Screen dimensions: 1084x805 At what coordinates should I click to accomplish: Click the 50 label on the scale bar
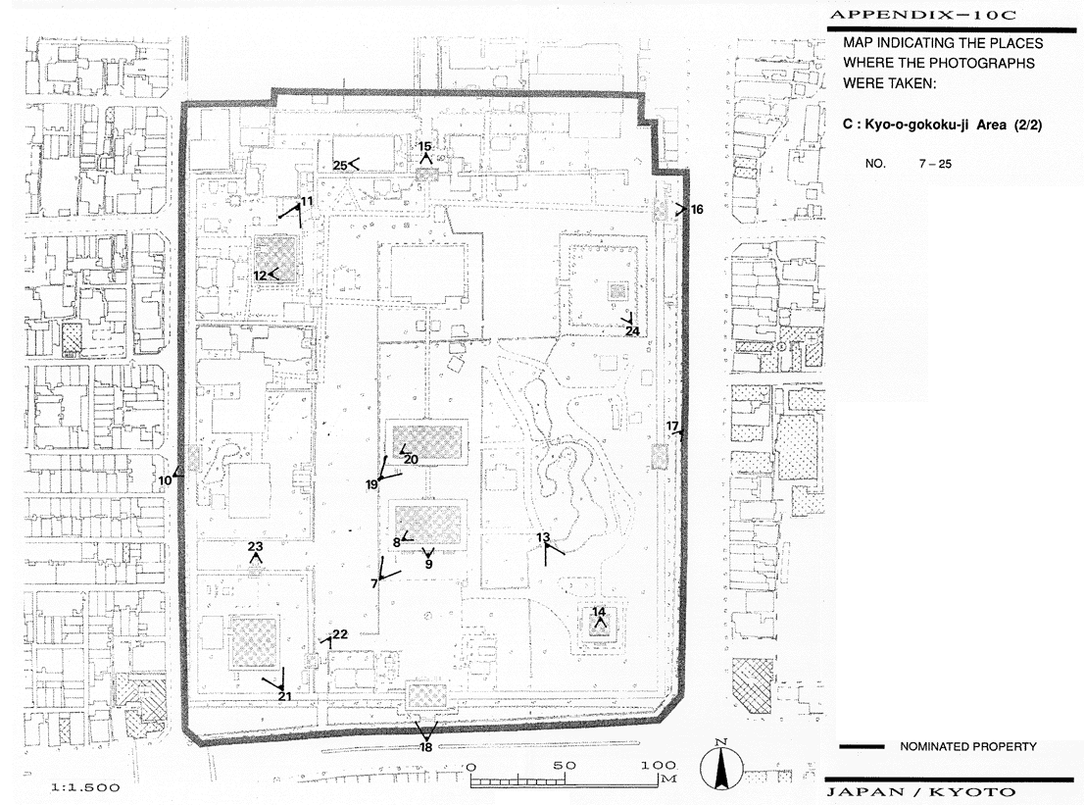[x=565, y=766]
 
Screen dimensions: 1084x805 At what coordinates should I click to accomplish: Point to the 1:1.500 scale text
[x=85, y=787]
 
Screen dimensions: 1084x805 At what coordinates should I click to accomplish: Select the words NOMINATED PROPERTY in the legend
[x=968, y=746]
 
